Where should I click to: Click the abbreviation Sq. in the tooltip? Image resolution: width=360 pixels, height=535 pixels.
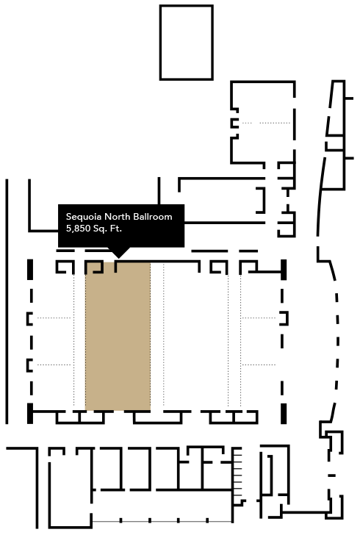pyautogui.click(x=100, y=229)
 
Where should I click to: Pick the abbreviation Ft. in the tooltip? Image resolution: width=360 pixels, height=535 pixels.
pyautogui.click(x=115, y=229)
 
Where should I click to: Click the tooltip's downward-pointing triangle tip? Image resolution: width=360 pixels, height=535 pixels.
pyautogui.click(x=118, y=258)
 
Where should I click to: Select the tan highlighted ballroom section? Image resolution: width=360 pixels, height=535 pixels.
pyautogui.click(x=118, y=336)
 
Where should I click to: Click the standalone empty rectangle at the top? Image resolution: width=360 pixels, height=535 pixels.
pyautogui.click(x=187, y=43)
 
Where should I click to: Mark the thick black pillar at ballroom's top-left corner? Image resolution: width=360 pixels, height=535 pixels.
pyautogui.click(x=30, y=270)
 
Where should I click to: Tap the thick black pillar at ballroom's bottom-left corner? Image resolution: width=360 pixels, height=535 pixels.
pyautogui.click(x=30, y=413)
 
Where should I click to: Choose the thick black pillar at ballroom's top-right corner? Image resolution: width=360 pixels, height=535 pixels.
pyautogui.click(x=284, y=270)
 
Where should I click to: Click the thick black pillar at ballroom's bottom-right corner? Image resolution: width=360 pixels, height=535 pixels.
pyautogui.click(x=284, y=413)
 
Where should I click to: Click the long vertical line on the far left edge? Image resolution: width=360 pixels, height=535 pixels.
pyautogui.click(x=7, y=301)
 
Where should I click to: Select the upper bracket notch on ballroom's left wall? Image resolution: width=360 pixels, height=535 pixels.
pyautogui.click(x=29, y=318)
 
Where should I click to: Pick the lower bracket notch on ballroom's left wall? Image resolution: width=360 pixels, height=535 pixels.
pyautogui.click(x=29, y=365)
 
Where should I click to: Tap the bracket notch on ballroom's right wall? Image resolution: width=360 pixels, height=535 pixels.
pyautogui.click(x=284, y=318)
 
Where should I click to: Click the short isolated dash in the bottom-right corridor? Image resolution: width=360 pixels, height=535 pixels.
pyautogui.click(x=331, y=475)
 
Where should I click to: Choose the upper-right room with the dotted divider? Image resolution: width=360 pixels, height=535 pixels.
pyautogui.click(x=263, y=123)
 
